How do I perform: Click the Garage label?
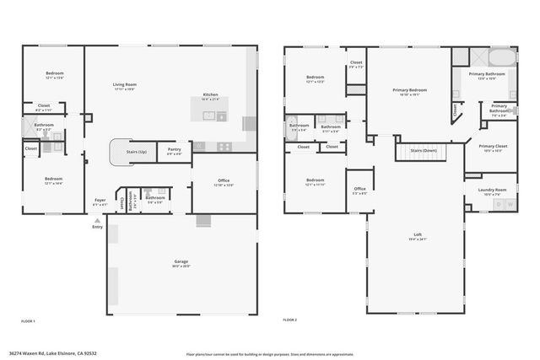[181, 261]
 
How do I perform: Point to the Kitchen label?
[211, 94]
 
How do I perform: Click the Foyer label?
[100, 201]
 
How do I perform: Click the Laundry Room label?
[494, 190]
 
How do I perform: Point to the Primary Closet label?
[493, 146]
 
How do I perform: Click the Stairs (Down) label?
[423, 150]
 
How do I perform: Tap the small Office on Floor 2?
[359, 189]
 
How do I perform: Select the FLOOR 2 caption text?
[290, 321]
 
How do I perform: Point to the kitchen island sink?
[222, 116]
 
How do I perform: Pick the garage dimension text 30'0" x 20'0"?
[181, 266]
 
